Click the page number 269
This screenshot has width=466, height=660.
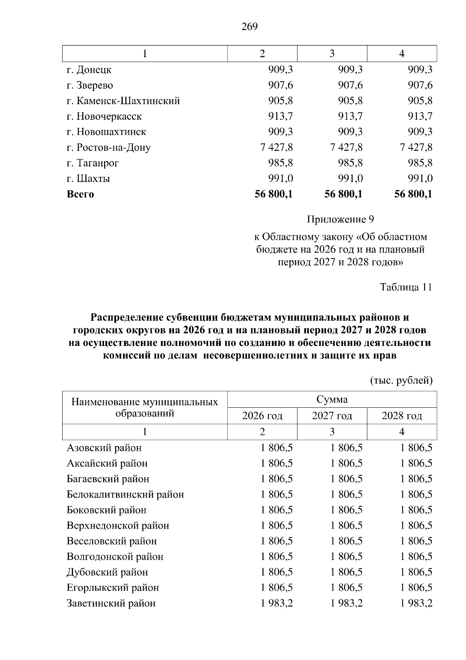[x=249, y=26]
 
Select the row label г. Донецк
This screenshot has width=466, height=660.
[x=89, y=70]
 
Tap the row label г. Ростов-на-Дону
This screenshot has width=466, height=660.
[x=108, y=148]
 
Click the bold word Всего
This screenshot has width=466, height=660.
[x=80, y=194]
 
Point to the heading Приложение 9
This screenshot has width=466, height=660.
[x=340, y=220]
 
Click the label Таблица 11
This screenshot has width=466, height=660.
[x=406, y=287]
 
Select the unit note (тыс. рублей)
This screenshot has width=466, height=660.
[x=401, y=380]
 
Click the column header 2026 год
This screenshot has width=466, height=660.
[x=262, y=416]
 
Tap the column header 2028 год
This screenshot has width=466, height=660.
[x=402, y=416]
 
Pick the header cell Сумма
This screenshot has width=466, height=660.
[x=332, y=399]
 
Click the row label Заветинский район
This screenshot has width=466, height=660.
[x=111, y=603]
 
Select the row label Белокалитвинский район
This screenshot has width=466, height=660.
[x=125, y=494]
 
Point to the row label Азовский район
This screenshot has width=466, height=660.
[x=104, y=448]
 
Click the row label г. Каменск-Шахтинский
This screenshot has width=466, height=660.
[x=123, y=101]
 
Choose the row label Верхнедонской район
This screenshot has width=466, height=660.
[x=118, y=526]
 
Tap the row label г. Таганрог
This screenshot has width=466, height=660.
[x=92, y=163]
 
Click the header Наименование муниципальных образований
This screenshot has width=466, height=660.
[x=144, y=407]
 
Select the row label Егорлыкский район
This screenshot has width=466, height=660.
[x=113, y=588]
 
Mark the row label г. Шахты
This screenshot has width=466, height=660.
[x=88, y=179]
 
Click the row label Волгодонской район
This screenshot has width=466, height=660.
[x=115, y=557]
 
